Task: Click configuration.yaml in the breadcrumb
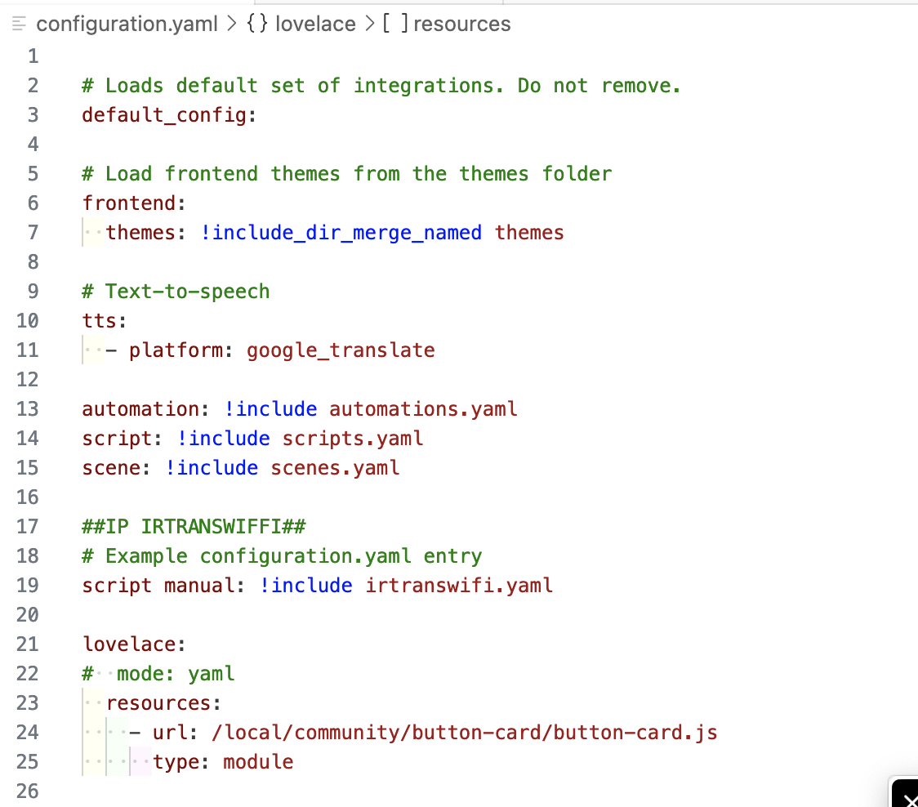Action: pyautogui.click(x=127, y=24)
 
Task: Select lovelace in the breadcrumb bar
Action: pyautogui.click(x=315, y=24)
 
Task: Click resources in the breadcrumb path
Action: pyautogui.click(x=462, y=24)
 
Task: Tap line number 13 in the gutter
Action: pyautogui.click(x=28, y=408)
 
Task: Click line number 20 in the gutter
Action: pyautogui.click(x=28, y=615)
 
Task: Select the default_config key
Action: pyautogui.click(x=164, y=115)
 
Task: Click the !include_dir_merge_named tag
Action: pyautogui.click(x=341, y=233)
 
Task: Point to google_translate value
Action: pyautogui.click(x=341, y=350)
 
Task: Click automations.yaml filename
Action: pyautogui.click(x=423, y=408)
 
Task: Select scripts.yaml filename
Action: pyautogui.click(x=353, y=439)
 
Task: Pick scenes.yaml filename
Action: pyautogui.click(x=335, y=468)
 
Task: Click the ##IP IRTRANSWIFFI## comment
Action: pyautogui.click(x=194, y=527)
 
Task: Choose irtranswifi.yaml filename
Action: pyautogui.click(x=459, y=586)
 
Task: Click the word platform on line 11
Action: pyautogui.click(x=176, y=350)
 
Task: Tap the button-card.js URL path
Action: pyautogui.click(x=464, y=733)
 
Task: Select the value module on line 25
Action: pyautogui.click(x=258, y=762)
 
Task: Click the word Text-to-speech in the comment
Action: pyautogui.click(x=187, y=292)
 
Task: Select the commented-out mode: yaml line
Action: pyautogui.click(x=158, y=674)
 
